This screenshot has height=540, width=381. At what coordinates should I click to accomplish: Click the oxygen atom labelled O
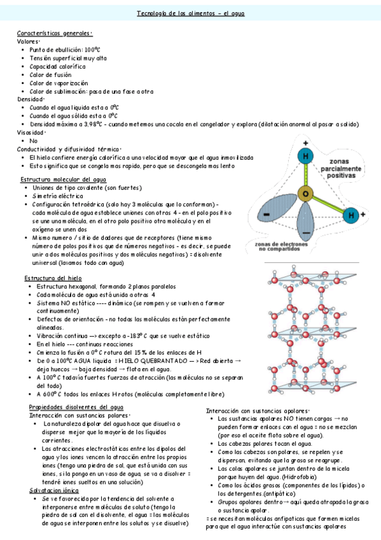(306, 193)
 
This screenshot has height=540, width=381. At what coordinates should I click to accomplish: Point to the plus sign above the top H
(306, 142)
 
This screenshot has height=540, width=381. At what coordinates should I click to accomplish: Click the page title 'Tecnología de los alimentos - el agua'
(190, 13)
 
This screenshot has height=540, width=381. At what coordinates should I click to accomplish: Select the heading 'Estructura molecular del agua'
(64, 180)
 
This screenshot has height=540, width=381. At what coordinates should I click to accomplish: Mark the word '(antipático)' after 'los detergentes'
(289, 493)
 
